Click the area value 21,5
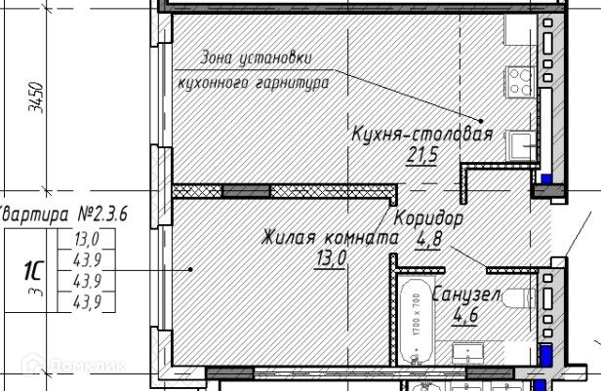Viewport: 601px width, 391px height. pyautogui.click(x=421, y=153)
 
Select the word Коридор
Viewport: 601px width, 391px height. pyautogui.click(x=428, y=216)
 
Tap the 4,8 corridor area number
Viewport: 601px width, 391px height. pyautogui.click(x=428, y=238)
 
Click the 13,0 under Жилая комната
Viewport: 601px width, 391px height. pyautogui.click(x=330, y=257)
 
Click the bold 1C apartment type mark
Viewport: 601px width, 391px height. pyautogui.click(x=31, y=269)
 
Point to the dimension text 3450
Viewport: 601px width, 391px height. pyautogui.click(x=37, y=98)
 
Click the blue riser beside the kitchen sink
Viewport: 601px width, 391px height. pyautogui.click(x=546, y=181)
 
